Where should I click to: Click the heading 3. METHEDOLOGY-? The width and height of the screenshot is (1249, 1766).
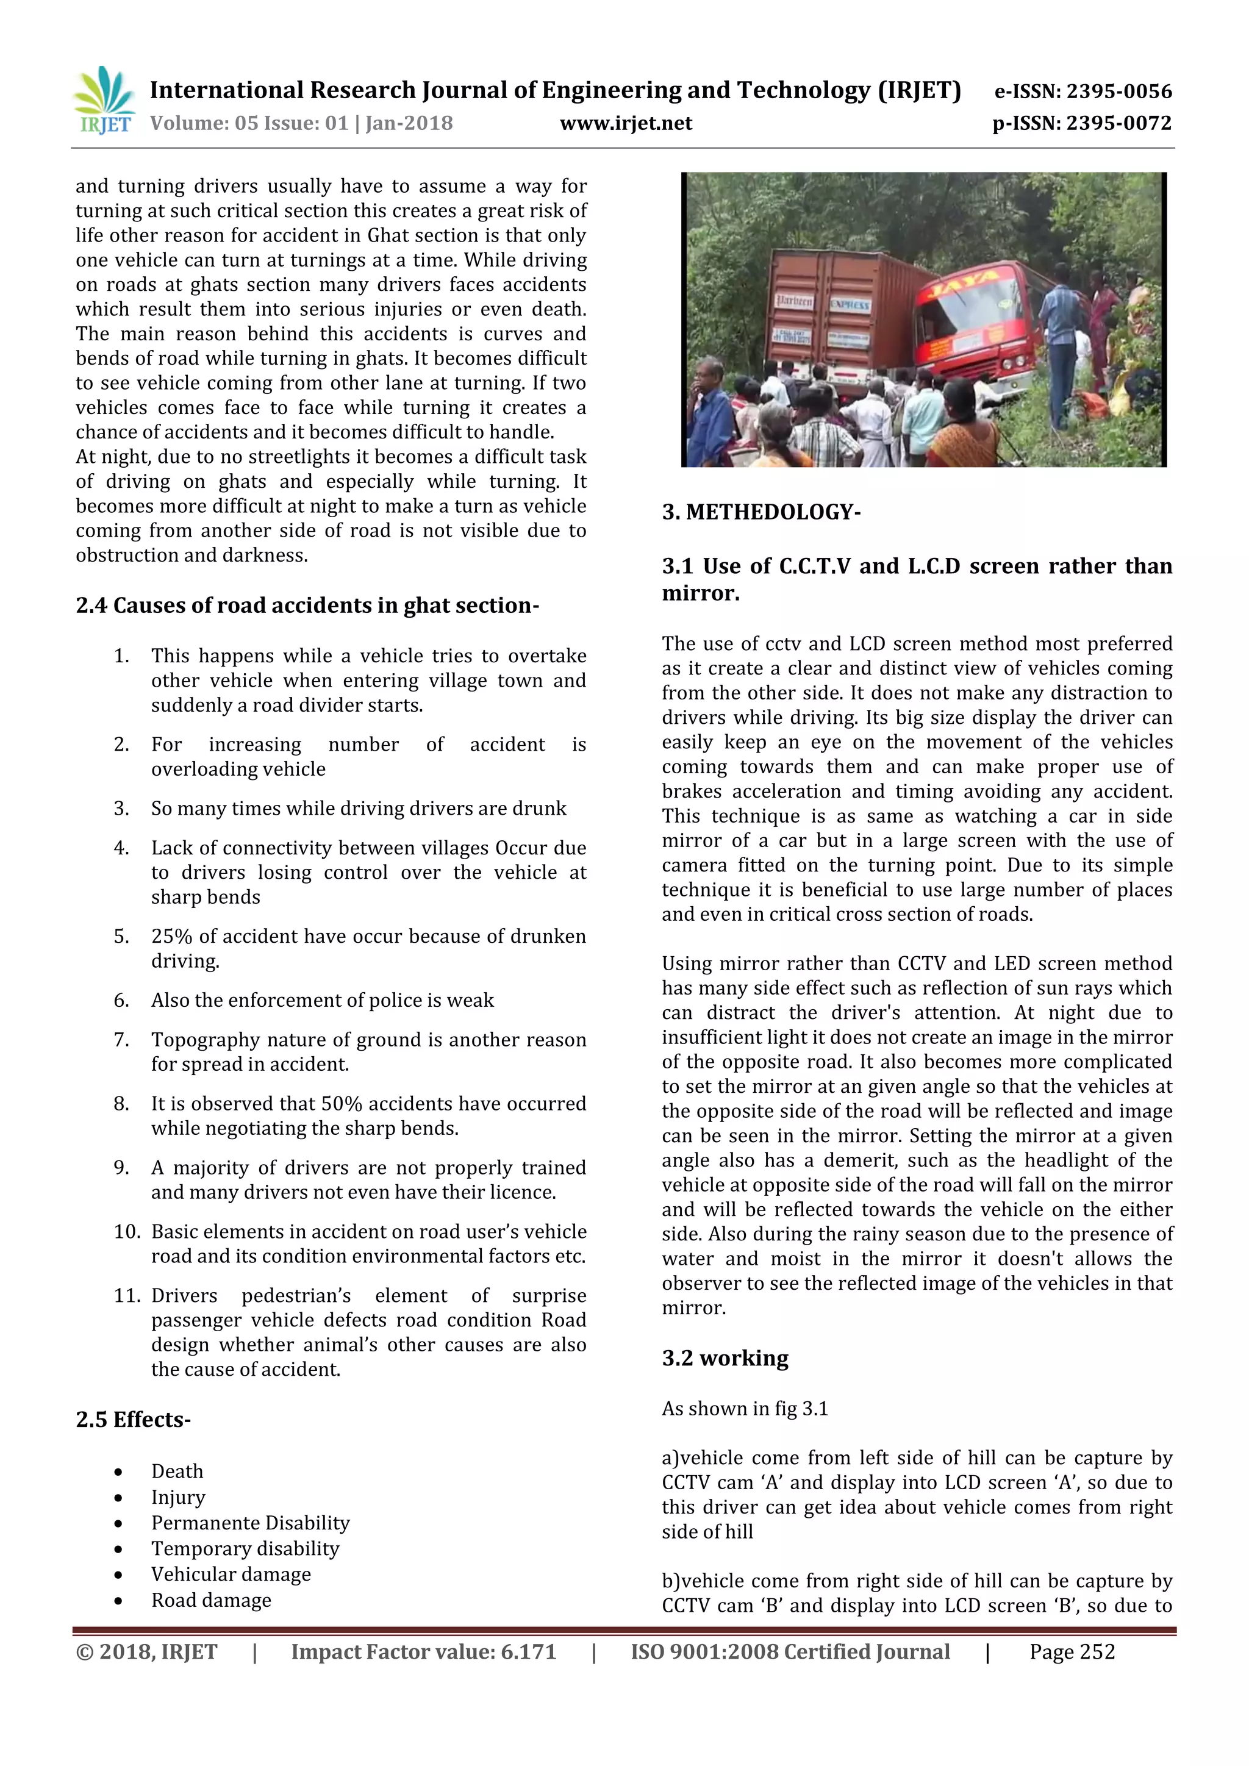pos(760,512)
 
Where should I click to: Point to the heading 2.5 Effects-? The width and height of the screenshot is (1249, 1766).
pos(133,1419)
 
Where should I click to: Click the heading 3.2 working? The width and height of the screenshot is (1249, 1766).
pos(725,1358)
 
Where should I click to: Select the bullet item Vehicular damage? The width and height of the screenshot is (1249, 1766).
pos(231,1575)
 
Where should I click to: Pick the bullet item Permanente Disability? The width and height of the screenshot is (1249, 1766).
pos(250,1523)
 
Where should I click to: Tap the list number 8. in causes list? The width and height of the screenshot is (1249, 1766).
pos(121,1104)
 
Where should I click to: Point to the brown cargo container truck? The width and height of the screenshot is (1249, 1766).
pos(839,315)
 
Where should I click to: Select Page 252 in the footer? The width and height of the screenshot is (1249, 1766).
pos(1072,1652)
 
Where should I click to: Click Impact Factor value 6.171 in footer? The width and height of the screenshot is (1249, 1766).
pos(423,1652)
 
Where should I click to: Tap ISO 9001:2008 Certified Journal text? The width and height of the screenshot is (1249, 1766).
pos(790,1652)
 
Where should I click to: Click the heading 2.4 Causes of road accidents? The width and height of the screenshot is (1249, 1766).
pos(307,606)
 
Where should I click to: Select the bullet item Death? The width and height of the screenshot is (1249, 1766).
pos(177,1471)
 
